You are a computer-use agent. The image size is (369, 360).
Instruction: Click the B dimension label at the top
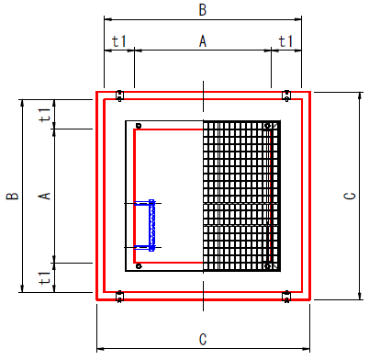[x=203, y=10]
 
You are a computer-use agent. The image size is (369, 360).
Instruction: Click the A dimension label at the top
[x=203, y=41]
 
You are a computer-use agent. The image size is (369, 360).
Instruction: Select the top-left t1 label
[x=118, y=41]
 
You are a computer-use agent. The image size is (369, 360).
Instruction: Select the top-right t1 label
[x=285, y=41]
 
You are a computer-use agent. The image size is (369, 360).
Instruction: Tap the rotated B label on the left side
[x=13, y=196]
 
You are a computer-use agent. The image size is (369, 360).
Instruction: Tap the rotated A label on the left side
[x=44, y=196]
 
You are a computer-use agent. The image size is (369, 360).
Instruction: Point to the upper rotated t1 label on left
[x=44, y=115]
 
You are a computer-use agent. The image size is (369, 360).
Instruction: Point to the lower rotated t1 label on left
[x=44, y=277]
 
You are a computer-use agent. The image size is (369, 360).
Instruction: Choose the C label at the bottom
[x=203, y=340]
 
